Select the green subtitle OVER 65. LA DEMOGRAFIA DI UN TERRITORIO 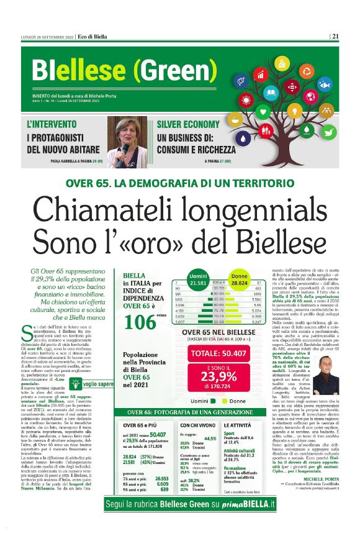(180, 166)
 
